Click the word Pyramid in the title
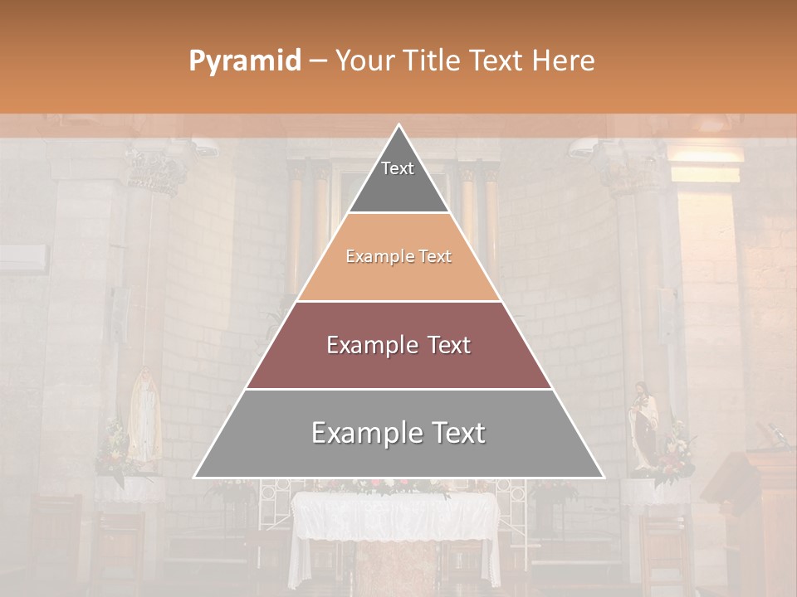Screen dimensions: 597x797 coord(244,61)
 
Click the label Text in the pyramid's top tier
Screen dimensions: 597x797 coord(398,168)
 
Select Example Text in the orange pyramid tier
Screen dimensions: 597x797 coord(398,257)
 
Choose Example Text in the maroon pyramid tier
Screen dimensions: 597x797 coord(398,345)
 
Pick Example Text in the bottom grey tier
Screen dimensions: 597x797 coord(398,433)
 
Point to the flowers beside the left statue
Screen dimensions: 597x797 coord(114,453)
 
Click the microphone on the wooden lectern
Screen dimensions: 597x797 coord(777,433)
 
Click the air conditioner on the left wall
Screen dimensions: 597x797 coord(22,259)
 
